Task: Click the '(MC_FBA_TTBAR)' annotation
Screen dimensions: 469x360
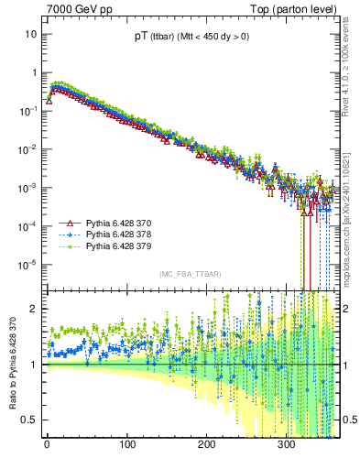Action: pyautogui.click(x=190, y=274)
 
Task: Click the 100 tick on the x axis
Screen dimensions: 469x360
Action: pyautogui.click(x=125, y=451)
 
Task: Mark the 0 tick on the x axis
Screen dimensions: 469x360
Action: pyautogui.click(x=47, y=451)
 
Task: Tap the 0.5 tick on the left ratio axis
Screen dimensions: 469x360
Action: pyautogui.click(x=30, y=420)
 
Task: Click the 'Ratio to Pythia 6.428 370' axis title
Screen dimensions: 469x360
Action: pyautogui.click(x=11, y=365)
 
